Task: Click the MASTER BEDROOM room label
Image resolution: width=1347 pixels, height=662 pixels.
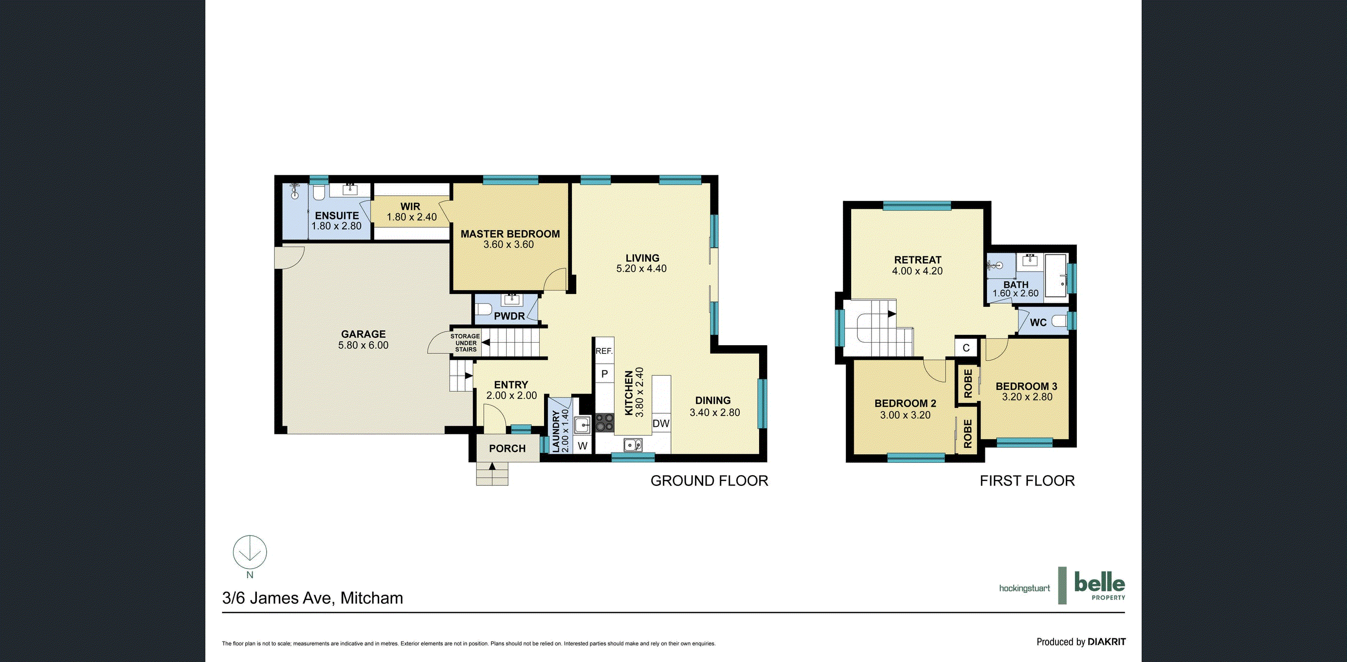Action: click(510, 234)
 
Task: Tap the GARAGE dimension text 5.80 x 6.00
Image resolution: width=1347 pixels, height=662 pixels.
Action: click(364, 345)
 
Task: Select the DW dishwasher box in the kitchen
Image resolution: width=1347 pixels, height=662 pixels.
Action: click(661, 423)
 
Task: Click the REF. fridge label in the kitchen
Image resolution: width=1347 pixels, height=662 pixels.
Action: click(604, 351)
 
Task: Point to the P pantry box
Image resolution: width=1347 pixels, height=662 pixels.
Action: click(604, 374)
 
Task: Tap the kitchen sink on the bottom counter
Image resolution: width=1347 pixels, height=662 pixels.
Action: click(633, 445)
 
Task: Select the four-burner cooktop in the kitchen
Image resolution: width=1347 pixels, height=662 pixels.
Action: click(605, 423)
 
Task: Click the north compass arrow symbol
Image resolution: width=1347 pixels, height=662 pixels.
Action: click(250, 552)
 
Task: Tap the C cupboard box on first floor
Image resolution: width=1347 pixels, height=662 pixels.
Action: click(966, 348)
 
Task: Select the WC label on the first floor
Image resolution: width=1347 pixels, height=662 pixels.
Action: click(1038, 323)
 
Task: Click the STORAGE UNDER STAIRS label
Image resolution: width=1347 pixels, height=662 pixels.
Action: click(465, 343)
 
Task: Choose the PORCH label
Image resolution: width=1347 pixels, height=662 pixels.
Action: click(507, 449)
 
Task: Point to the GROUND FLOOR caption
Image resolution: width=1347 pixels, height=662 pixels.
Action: click(709, 480)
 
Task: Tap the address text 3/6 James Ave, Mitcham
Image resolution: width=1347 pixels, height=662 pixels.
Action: click(313, 598)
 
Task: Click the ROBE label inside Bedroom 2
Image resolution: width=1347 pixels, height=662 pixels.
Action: click(967, 434)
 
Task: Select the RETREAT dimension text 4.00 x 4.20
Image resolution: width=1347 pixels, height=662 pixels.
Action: click(917, 271)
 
